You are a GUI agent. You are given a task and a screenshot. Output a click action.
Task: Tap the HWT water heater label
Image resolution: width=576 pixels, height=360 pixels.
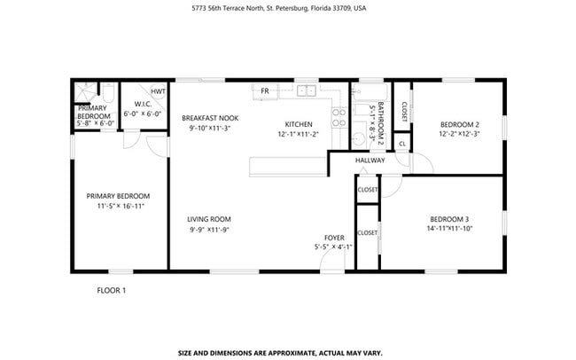(x=157, y=91)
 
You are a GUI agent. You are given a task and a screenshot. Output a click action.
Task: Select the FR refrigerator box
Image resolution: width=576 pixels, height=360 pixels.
(x=264, y=90)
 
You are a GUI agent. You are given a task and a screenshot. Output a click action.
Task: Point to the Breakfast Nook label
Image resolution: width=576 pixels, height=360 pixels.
(x=209, y=118)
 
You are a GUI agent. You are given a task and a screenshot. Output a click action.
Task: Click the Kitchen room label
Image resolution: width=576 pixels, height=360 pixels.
(x=298, y=123)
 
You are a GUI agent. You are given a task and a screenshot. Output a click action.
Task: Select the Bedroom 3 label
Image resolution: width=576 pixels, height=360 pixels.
(x=449, y=219)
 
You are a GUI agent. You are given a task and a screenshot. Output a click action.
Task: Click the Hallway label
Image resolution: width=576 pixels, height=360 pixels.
(x=370, y=160)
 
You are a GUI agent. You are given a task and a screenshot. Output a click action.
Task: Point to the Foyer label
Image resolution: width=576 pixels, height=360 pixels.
(x=334, y=237)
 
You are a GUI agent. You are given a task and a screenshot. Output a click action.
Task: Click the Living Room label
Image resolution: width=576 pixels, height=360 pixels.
(x=209, y=219)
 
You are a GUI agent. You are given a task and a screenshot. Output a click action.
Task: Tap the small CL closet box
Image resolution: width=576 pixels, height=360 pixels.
(x=402, y=144)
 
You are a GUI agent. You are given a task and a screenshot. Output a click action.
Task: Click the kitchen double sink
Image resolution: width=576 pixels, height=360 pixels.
(x=307, y=90)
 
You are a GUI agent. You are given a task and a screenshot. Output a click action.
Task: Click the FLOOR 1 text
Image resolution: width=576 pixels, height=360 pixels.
(x=112, y=290)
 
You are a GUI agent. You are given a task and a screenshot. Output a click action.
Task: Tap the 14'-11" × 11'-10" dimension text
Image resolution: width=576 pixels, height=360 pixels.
(x=449, y=229)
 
